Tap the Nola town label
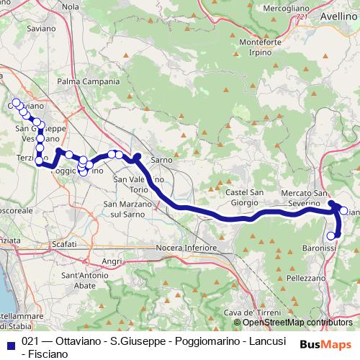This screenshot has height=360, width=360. (71, 6)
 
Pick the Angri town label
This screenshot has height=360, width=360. (112, 261)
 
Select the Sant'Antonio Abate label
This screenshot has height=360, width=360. (89, 280)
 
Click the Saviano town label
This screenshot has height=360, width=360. (40, 29)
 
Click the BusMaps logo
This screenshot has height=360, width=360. (324, 343)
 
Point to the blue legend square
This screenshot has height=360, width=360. (8, 343)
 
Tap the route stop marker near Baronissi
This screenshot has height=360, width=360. (331, 235)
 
